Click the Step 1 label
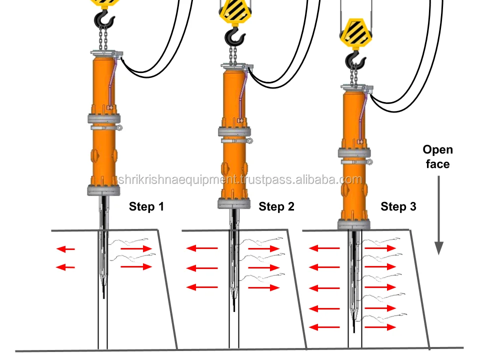[x=146, y=206]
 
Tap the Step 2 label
[x=276, y=206]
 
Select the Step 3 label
[x=398, y=206]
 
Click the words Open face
[x=437, y=156]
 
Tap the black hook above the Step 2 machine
[x=234, y=36]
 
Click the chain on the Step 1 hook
[x=104, y=38]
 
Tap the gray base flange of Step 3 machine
[x=354, y=224]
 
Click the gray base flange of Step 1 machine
[x=104, y=190]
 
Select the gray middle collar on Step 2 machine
[x=234, y=132]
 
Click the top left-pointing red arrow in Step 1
[x=65, y=248]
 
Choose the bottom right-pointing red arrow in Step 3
[x=380, y=327]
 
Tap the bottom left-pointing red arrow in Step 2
[x=202, y=287]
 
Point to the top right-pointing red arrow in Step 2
[x=263, y=248]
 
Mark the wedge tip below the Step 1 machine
[x=104, y=292]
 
